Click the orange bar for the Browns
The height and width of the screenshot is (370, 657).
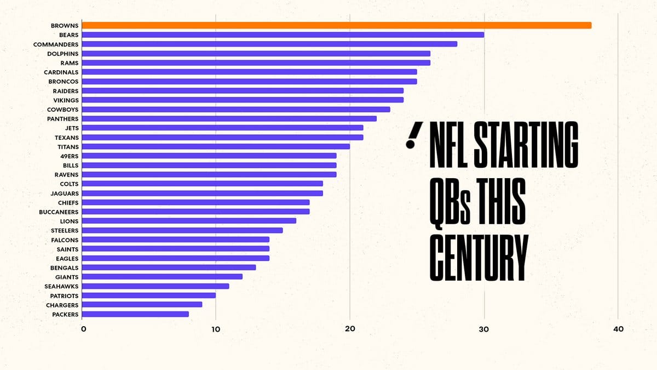[x=336, y=25]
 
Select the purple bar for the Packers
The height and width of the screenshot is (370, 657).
[x=135, y=314]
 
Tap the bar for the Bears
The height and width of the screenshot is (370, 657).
[x=283, y=35]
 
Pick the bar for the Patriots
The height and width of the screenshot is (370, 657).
[x=148, y=295]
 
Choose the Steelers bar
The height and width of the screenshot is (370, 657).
[x=182, y=230]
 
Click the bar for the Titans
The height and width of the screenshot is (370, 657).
[x=216, y=146]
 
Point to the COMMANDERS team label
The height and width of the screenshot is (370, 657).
[x=56, y=44]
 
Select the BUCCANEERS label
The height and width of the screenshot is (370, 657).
[x=59, y=212]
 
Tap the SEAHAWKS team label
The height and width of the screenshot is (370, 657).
[x=61, y=286]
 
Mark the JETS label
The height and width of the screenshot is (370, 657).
[x=72, y=128]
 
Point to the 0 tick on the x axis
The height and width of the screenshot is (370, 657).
[x=83, y=329]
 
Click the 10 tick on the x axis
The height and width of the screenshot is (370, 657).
[x=216, y=329]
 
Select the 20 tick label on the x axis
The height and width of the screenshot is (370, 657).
[x=350, y=329]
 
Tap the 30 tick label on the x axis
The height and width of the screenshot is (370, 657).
[x=484, y=329]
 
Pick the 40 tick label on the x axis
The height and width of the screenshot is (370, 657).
[x=618, y=329]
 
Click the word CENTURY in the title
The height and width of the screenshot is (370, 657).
[x=479, y=257]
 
